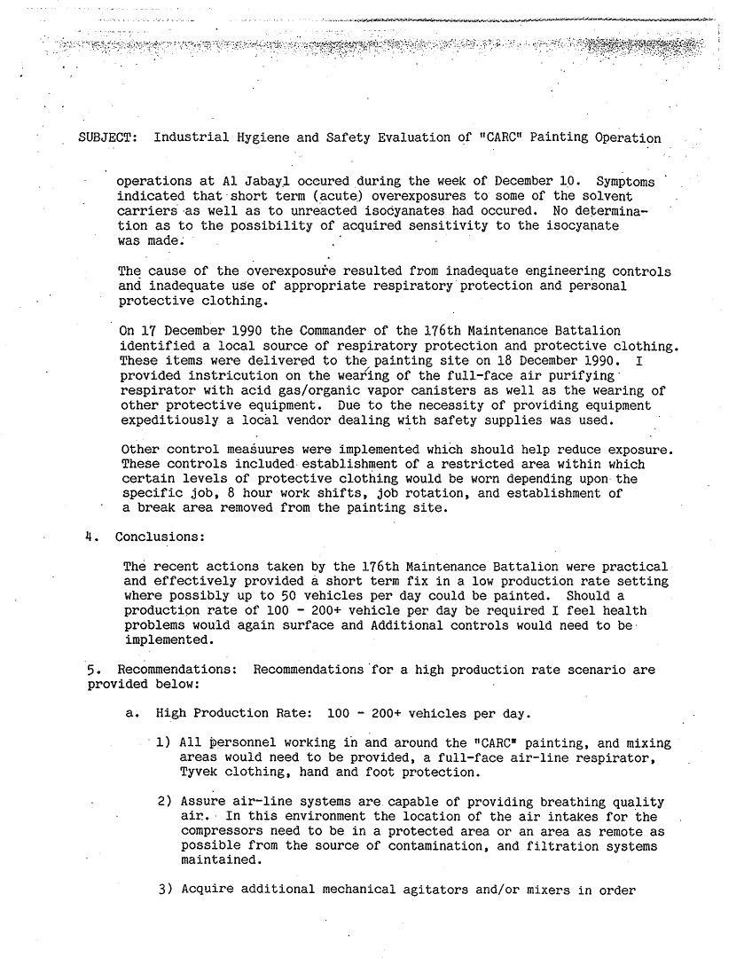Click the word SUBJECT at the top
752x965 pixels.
[106, 138]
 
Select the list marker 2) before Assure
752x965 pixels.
[165, 802]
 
